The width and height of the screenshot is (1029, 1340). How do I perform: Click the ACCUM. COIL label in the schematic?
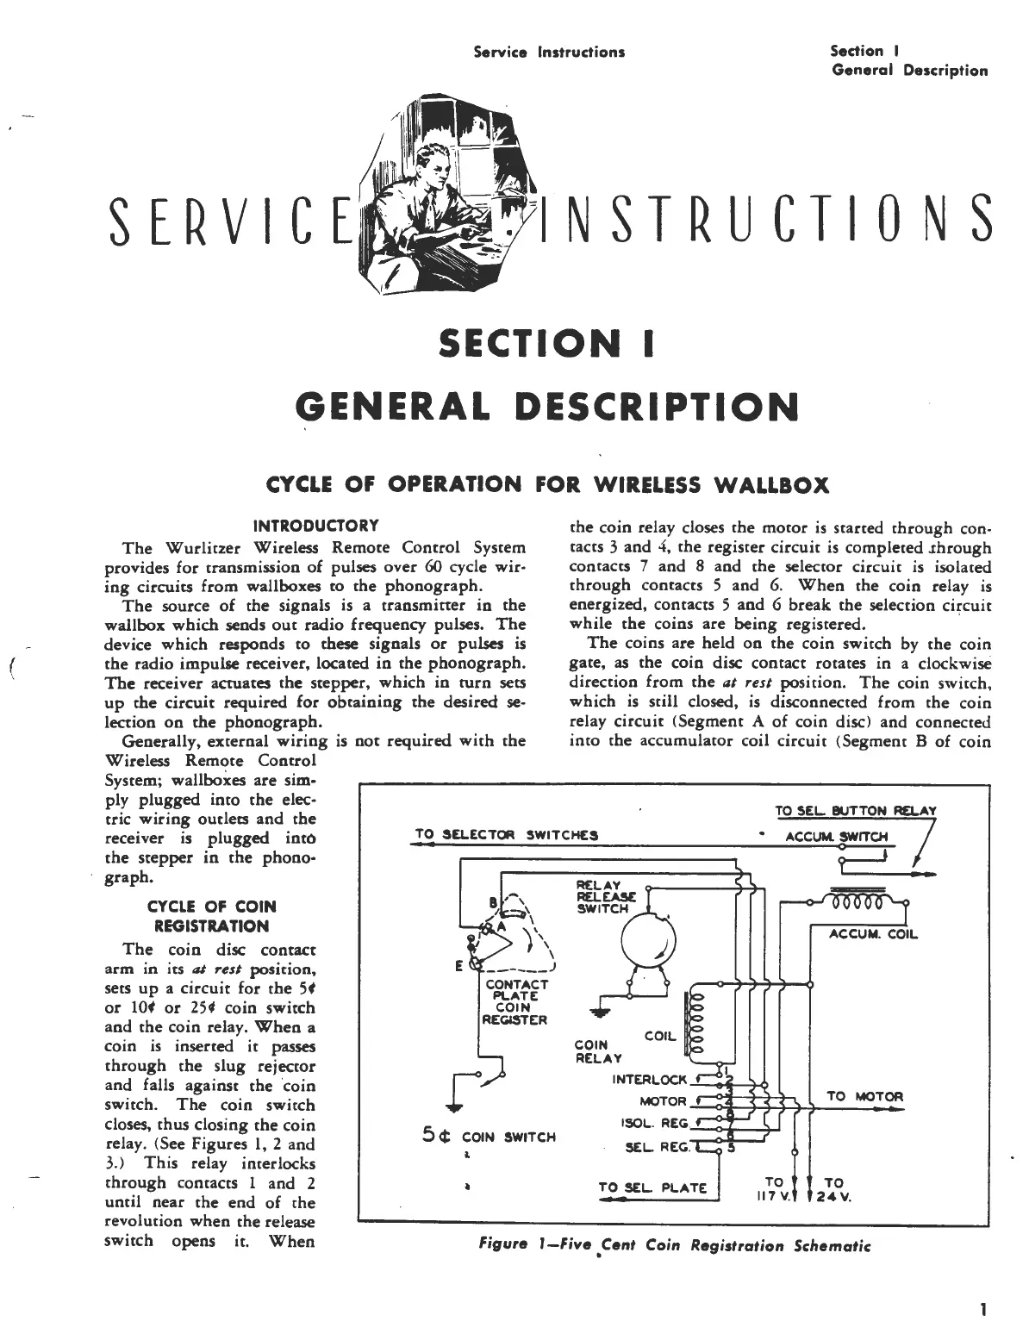point(873,935)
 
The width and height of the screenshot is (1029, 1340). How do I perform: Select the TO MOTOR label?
point(864,1096)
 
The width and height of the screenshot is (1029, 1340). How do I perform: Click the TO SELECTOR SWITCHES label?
point(506,834)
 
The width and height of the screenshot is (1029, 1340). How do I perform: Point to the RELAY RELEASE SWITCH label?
point(602,896)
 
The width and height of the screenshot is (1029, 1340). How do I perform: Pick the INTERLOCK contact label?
point(649,1079)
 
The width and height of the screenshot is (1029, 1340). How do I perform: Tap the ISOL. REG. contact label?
point(654,1124)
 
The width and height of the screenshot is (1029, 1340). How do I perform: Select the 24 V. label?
point(834,1198)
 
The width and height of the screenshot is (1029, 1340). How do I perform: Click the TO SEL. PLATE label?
point(652,1187)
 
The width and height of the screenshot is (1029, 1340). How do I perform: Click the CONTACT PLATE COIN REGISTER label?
point(515,1002)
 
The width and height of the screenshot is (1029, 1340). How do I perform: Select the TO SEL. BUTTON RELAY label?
point(855,810)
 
